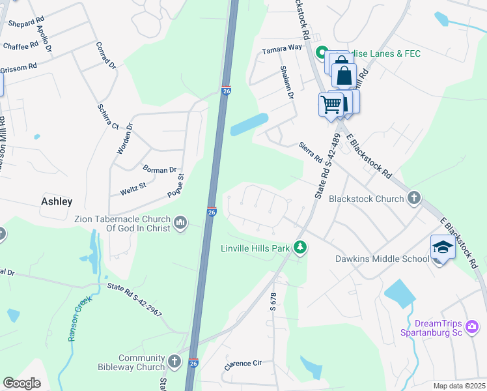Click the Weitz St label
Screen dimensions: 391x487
point(133,192)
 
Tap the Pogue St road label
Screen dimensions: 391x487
point(180,185)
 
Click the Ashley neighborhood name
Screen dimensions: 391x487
point(57,202)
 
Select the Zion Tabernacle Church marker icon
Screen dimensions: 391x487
point(181,224)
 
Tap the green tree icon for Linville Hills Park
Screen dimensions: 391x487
point(300,248)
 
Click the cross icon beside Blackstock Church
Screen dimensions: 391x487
point(413,198)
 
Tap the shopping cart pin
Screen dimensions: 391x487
point(331,104)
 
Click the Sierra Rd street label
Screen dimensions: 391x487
point(311,152)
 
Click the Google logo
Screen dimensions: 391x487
point(22,383)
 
